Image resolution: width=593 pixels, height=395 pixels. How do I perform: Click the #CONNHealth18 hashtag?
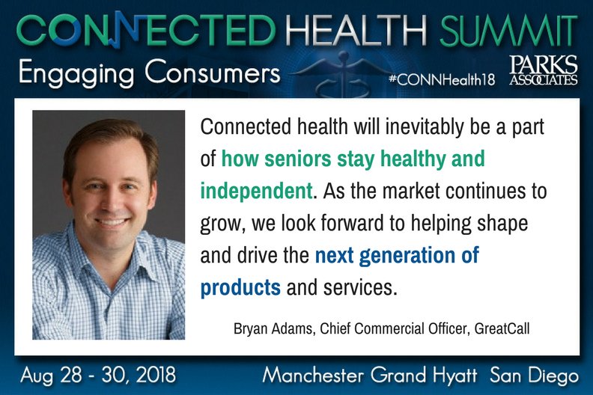443,79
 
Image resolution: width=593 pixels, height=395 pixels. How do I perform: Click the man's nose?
112,197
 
